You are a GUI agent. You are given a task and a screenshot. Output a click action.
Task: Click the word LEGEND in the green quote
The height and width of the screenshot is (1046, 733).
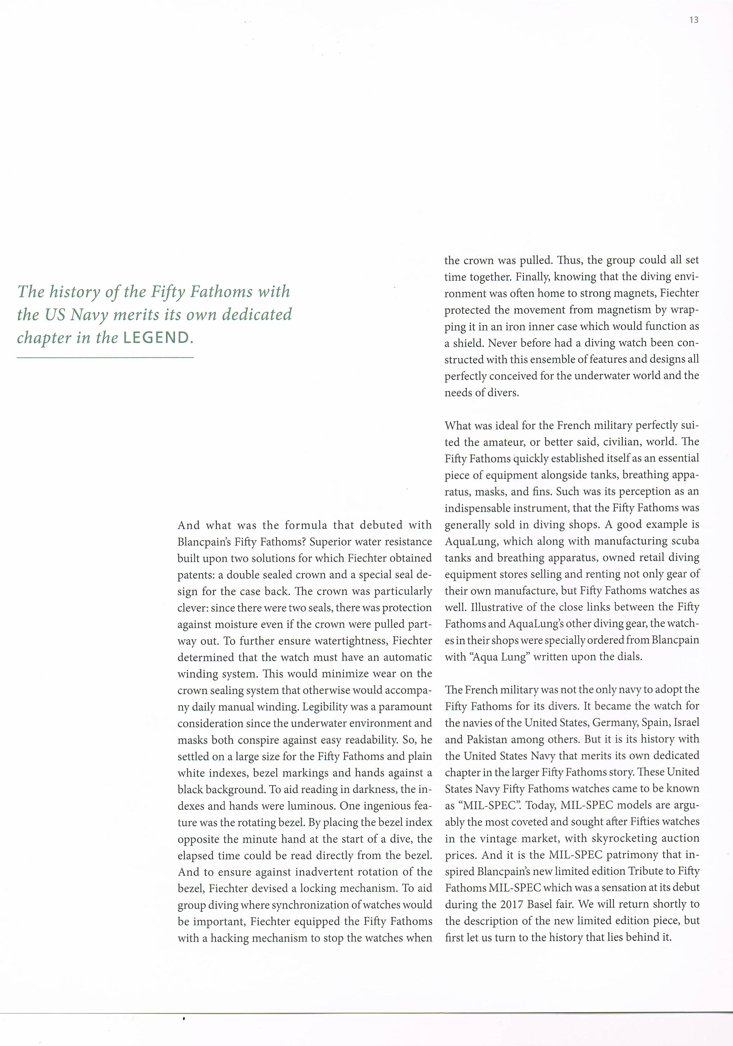tap(156, 338)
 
